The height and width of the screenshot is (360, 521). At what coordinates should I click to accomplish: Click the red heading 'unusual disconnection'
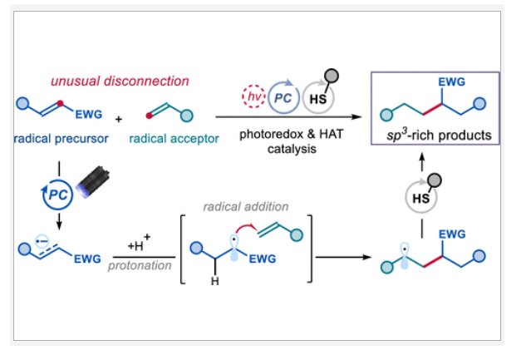pos(120,81)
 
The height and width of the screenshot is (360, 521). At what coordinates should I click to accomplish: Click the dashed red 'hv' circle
pos(251,96)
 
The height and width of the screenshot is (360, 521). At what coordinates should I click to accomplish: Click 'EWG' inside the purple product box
pos(450,82)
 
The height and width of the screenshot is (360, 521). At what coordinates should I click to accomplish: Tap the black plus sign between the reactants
pos(118,119)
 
